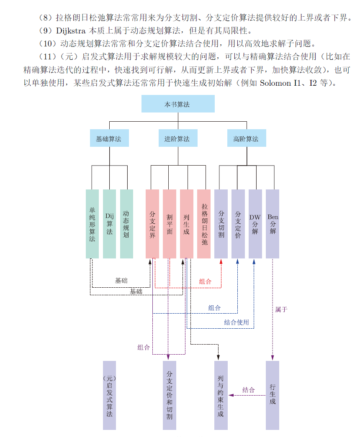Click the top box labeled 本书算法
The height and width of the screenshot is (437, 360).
[x=178, y=104]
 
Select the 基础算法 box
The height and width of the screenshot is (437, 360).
[x=109, y=138]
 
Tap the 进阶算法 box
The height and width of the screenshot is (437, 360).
[x=178, y=138]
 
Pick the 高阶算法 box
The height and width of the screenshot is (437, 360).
[x=247, y=138]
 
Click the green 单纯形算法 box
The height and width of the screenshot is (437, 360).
[x=92, y=224]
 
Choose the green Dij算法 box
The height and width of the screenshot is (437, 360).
[x=109, y=224]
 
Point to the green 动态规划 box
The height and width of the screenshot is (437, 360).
[x=126, y=224]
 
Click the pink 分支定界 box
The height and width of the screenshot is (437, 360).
[x=152, y=224]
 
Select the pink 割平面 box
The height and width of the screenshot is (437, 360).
[x=170, y=224]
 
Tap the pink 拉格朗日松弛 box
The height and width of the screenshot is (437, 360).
[x=204, y=224]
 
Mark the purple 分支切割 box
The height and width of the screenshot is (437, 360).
[x=221, y=224]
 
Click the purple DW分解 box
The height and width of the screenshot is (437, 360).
[x=255, y=224]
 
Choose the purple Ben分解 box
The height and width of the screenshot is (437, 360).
[x=273, y=224]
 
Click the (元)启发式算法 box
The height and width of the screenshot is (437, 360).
[x=109, y=395]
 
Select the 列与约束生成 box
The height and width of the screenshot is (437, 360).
[x=221, y=395]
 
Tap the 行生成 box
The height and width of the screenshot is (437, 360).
[x=273, y=395]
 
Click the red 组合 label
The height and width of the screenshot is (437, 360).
[x=205, y=281]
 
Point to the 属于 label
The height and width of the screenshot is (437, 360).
[x=281, y=309]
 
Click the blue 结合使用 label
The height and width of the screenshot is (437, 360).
[x=237, y=322]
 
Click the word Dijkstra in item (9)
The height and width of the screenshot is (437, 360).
[x=71, y=31]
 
